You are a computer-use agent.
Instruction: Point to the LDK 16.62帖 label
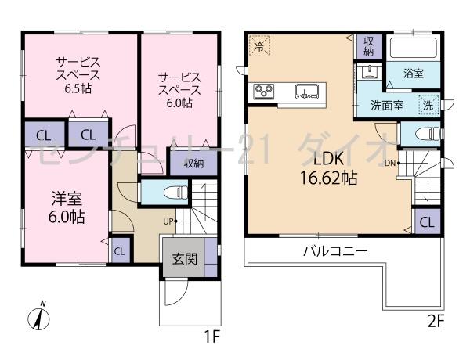coord(324,168)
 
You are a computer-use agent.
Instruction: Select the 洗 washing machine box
coord(429,104)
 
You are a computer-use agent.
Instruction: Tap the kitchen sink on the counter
coord(306,93)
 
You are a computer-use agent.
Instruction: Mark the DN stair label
coord(390,163)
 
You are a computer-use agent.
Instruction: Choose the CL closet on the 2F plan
coord(426,221)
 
